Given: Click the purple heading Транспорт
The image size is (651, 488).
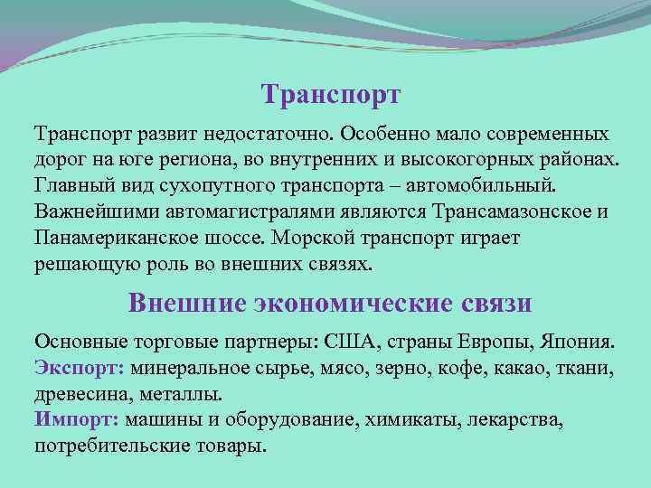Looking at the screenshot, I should [330, 95].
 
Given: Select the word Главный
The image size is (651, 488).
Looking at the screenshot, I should [76, 186].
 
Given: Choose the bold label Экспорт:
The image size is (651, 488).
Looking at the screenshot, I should [80, 369].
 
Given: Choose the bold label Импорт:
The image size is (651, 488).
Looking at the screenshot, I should [77, 420].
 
